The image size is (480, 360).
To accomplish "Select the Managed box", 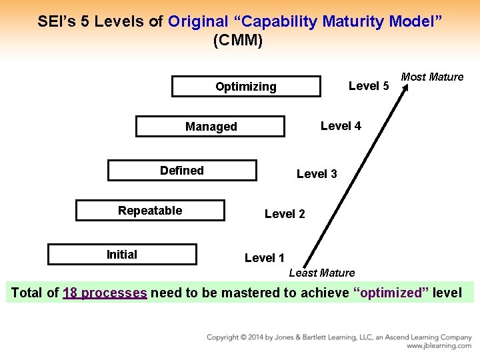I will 211,127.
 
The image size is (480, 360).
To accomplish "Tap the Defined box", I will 181,171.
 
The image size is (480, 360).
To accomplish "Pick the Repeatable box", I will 150,211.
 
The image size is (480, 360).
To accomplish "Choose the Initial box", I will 122,255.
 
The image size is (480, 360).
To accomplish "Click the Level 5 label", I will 369,86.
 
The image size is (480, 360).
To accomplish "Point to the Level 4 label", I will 341,126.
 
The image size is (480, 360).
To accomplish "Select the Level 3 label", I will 317,174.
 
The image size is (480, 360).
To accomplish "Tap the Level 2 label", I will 285,214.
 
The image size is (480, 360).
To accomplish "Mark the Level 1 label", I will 265,258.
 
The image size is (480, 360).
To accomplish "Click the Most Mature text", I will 432,77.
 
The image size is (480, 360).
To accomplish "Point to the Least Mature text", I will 322,273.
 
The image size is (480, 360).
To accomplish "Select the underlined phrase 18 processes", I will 105,293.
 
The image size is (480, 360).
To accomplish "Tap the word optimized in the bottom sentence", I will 391,293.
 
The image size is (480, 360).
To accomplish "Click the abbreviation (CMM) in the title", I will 238,40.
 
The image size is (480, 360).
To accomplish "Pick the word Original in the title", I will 198,21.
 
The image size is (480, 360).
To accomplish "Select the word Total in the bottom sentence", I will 27,293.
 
